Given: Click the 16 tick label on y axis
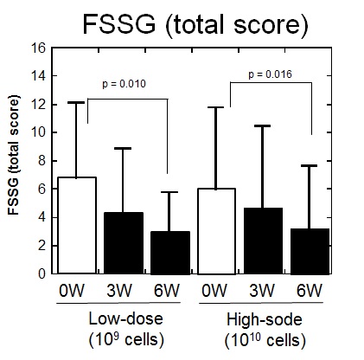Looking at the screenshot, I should [38, 48].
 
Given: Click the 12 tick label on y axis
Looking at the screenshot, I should [38, 104].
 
